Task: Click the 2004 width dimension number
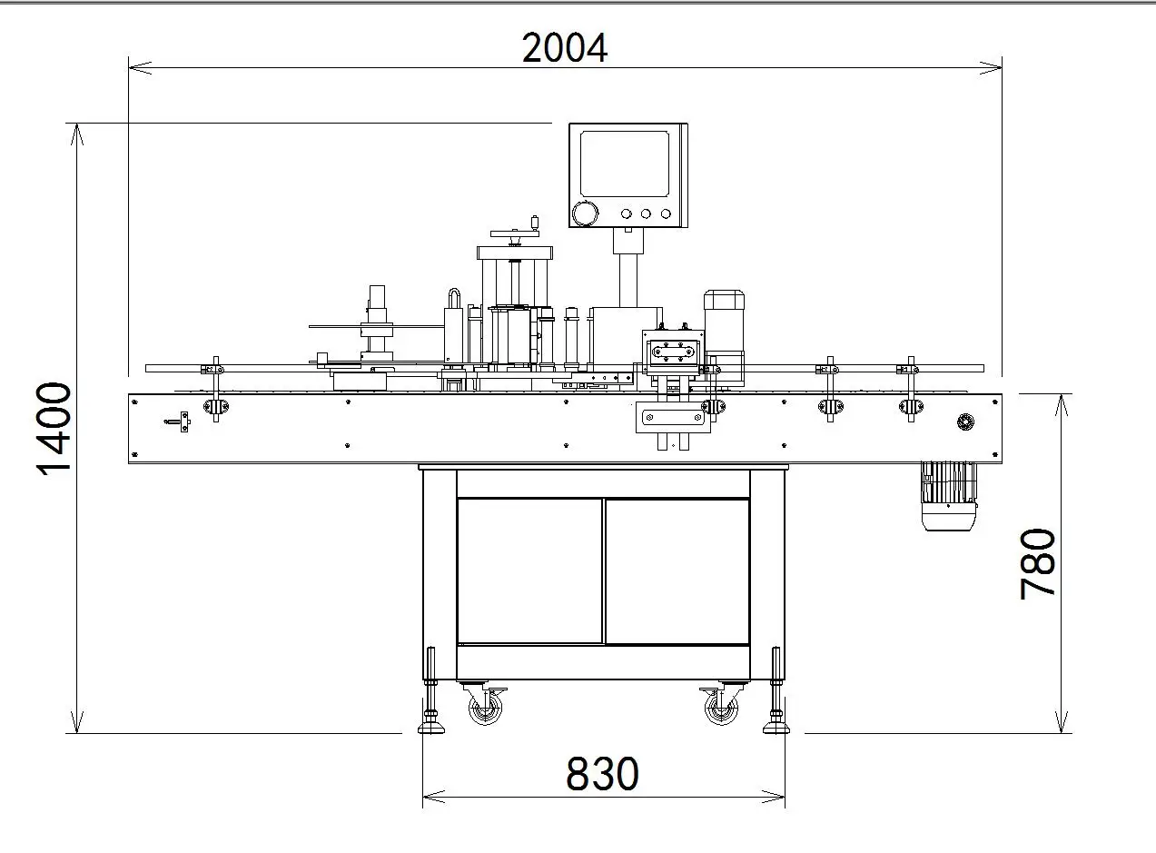tap(564, 48)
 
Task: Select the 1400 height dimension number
tap(54, 428)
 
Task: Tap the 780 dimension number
tap(1038, 563)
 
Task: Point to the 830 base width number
tap(602, 774)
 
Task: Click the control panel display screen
tap(625, 163)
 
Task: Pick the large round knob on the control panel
tap(585, 214)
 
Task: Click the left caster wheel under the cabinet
tap(484, 707)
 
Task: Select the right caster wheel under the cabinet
tap(721, 707)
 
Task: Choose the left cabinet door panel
tap(529, 570)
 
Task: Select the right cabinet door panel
tap(677, 570)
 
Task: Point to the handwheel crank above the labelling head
tap(514, 232)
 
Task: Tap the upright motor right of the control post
tap(724, 327)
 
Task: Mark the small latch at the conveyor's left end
tap(179, 422)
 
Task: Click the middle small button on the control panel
tap(646, 214)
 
